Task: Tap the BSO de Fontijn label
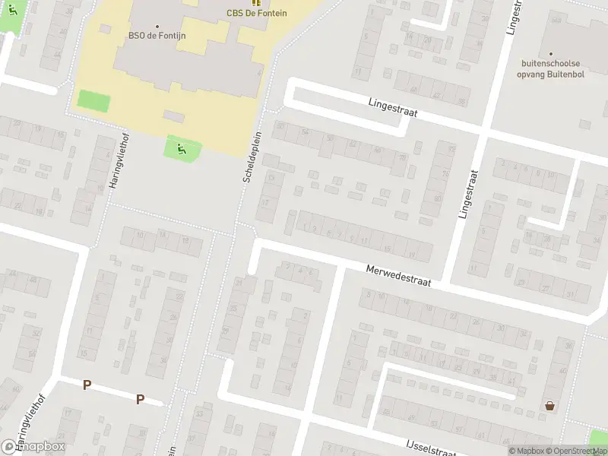[158, 35]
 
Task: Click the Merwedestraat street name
[397, 275]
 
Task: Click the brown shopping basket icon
[549, 406]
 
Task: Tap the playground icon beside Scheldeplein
[182, 149]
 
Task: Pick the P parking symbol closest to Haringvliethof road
[87, 385]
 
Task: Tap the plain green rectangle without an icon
[93, 100]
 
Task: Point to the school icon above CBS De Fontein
[256, 2]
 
